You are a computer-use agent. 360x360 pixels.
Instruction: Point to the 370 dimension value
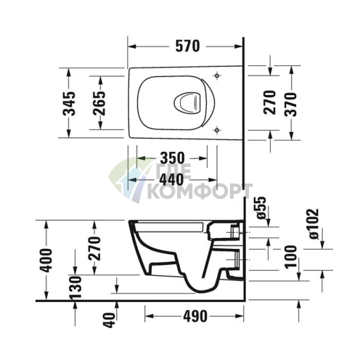tap(293, 103)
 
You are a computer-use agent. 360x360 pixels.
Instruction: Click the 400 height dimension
tap(46, 259)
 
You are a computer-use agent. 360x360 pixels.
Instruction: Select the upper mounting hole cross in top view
tap(217, 76)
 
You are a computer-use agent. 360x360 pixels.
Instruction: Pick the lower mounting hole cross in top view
tap(217, 130)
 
